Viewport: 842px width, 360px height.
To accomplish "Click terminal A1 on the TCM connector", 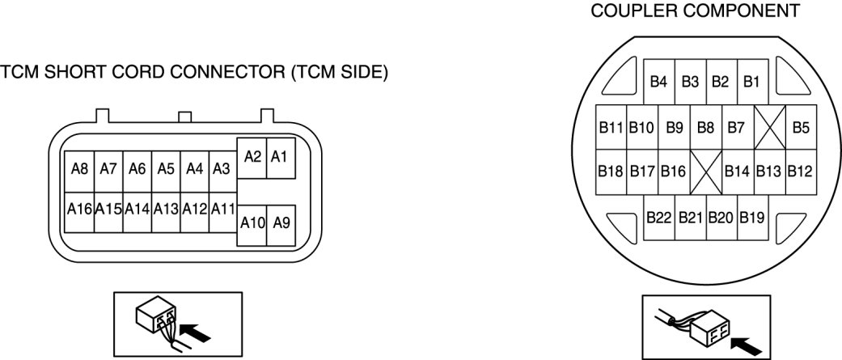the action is [280, 158].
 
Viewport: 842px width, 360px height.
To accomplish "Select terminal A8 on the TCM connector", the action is [79, 170].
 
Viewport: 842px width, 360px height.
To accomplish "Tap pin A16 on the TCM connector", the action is [79, 209].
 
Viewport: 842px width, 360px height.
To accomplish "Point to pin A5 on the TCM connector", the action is [166, 170].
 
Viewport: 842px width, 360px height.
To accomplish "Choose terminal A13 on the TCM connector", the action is [166, 209].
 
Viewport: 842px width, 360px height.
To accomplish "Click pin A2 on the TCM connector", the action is [252, 158].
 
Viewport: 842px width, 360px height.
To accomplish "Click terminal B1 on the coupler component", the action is [752, 82].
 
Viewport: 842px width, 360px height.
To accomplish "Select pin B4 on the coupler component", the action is [658, 82].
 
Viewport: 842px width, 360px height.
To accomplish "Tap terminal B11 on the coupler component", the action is [611, 128].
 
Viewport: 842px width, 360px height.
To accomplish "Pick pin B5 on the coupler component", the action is [801, 128].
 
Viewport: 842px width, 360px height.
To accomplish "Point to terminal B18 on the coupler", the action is [611, 172].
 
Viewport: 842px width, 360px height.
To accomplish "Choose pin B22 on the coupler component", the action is [658, 218].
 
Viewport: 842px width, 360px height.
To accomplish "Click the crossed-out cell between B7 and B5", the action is [769, 128].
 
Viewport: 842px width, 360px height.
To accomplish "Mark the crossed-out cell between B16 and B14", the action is [706, 172].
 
